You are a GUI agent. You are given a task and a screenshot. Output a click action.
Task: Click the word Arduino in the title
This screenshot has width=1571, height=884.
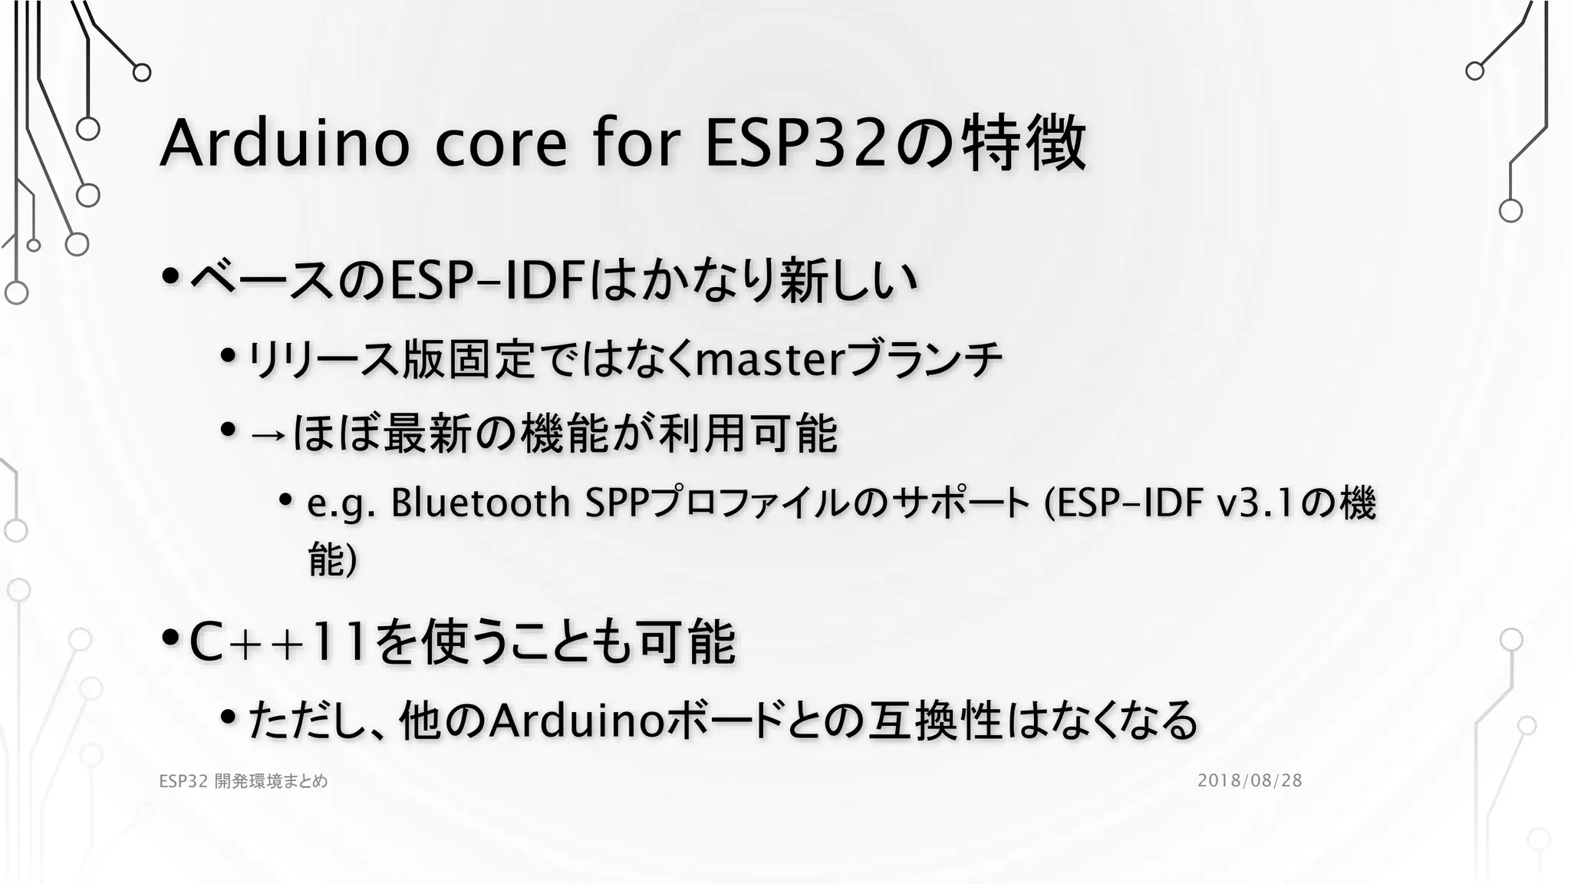pos(284,143)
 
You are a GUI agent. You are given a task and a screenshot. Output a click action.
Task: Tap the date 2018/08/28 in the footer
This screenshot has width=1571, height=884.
pos(1250,780)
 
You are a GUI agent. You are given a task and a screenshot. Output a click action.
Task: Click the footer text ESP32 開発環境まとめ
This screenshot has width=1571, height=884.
pos(243,781)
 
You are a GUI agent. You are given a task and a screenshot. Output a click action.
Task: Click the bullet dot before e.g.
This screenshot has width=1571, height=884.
pos(286,501)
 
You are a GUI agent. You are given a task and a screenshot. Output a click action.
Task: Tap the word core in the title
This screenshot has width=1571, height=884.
pos(501,143)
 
